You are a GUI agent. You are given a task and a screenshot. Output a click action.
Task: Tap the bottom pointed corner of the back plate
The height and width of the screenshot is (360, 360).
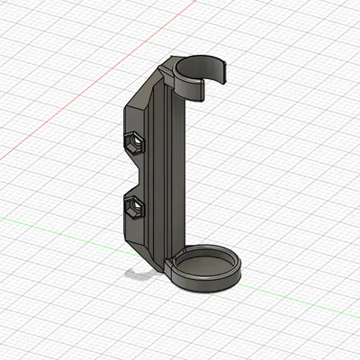pyautogui.click(x=148, y=257)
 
